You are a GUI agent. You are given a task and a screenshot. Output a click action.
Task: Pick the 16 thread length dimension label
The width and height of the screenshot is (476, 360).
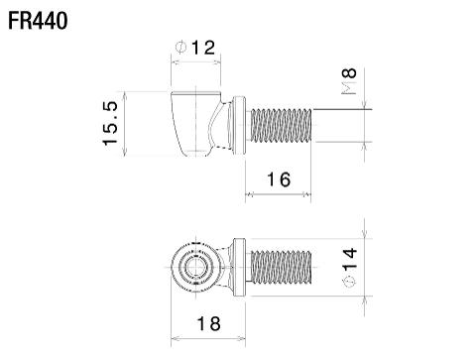(x=279, y=179)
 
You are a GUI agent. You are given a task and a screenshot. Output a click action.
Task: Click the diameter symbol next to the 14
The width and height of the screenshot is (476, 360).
(x=348, y=285)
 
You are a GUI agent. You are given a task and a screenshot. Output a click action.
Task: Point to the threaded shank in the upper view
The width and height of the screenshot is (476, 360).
(x=282, y=124)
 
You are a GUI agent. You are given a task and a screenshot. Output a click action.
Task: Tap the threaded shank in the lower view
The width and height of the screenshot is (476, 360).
(x=282, y=267)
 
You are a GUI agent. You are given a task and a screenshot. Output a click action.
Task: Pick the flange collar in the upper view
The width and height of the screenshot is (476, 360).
(x=239, y=124)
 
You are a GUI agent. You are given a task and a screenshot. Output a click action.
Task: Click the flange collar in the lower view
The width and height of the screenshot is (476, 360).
(x=239, y=267)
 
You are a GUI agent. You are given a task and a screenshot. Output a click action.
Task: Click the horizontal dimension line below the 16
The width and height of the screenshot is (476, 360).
(x=279, y=194)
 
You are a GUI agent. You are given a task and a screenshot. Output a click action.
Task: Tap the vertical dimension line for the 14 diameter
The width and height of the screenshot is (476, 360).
(x=366, y=267)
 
